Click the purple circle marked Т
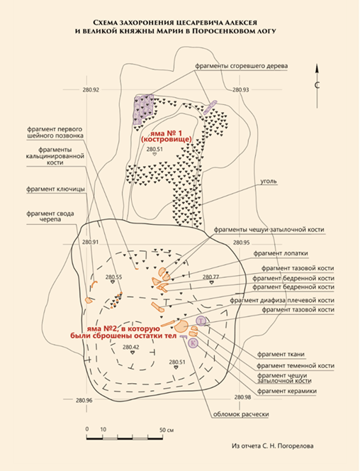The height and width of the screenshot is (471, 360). tap(201, 321)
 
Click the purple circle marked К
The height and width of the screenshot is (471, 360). tap(193, 343)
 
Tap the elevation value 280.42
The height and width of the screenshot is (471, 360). tap(131, 348)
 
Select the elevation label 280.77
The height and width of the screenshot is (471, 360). tap(211, 277)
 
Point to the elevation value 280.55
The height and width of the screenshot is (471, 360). tap(113, 277)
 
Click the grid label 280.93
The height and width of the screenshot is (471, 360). tap(241, 89)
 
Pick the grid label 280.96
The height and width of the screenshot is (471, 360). tap(84, 400)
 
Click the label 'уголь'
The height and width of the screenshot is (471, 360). tap(269, 182)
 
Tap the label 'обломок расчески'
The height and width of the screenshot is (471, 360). tap(241, 414)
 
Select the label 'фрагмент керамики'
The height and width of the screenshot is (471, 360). tap(287, 391)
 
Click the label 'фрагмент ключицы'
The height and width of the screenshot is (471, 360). tap(55, 189)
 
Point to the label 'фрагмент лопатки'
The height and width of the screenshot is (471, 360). tap(281, 253)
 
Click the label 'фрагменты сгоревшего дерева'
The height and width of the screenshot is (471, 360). tap(242, 66)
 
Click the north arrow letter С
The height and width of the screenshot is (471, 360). tap(317, 85)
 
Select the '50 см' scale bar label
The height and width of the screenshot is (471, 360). tap(167, 430)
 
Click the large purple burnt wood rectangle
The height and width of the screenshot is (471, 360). tap(143, 110)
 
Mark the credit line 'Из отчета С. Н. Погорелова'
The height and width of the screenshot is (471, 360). tap(272, 446)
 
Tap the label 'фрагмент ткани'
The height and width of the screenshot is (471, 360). tap(281, 355)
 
